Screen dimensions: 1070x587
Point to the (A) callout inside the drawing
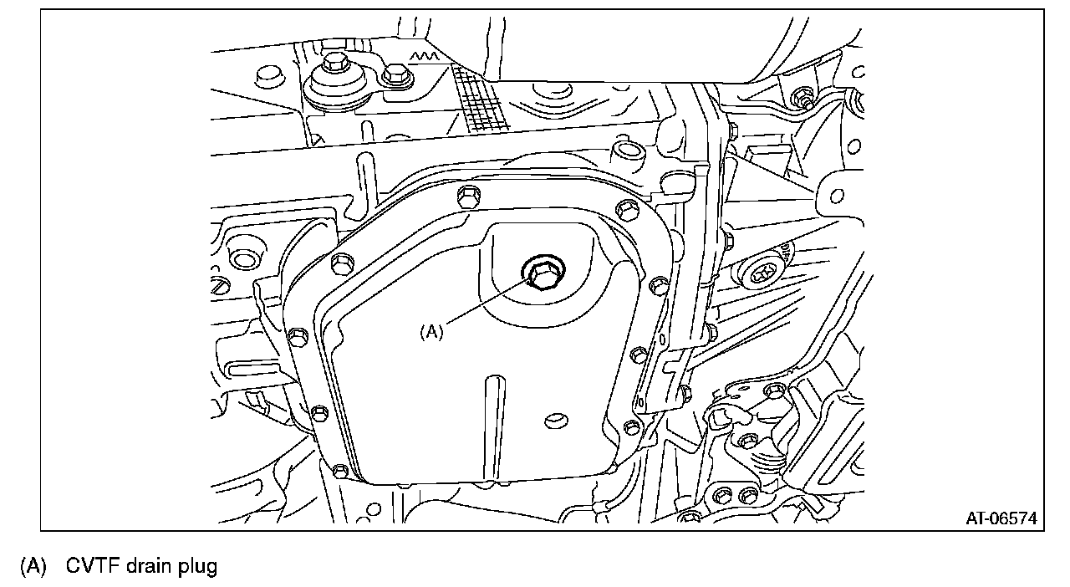coord(431,331)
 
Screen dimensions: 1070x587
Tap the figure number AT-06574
coord(1001,518)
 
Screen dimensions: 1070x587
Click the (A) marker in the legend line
coord(33,566)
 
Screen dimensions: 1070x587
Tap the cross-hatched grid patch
coord(479,99)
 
